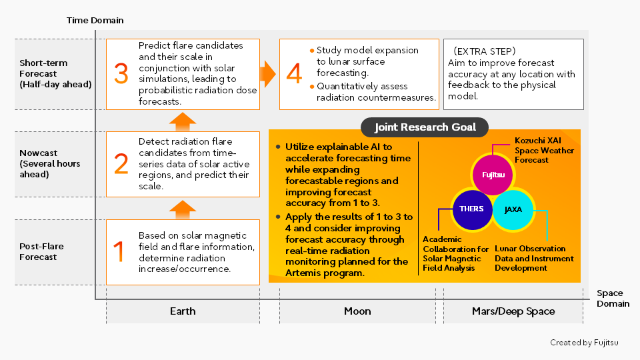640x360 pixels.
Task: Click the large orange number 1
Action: (119, 252)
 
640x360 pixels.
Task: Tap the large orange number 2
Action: (121, 164)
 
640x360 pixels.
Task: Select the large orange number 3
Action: (121, 73)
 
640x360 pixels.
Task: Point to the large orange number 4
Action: (294, 73)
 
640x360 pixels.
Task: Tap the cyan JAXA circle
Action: (513, 209)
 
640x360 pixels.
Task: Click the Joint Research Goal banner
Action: (424, 127)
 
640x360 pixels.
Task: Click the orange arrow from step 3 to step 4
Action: (268, 73)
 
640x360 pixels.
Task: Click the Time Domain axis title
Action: (95, 21)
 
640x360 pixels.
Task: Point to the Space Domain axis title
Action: (612, 298)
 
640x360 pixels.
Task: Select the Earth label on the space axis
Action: (183, 311)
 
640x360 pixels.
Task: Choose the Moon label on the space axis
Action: (357, 311)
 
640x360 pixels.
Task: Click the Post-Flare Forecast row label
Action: (42, 251)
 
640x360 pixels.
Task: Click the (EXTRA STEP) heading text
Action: (484, 51)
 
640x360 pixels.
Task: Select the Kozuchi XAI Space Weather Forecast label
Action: (544, 151)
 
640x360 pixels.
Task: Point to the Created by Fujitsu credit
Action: (584, 343)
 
